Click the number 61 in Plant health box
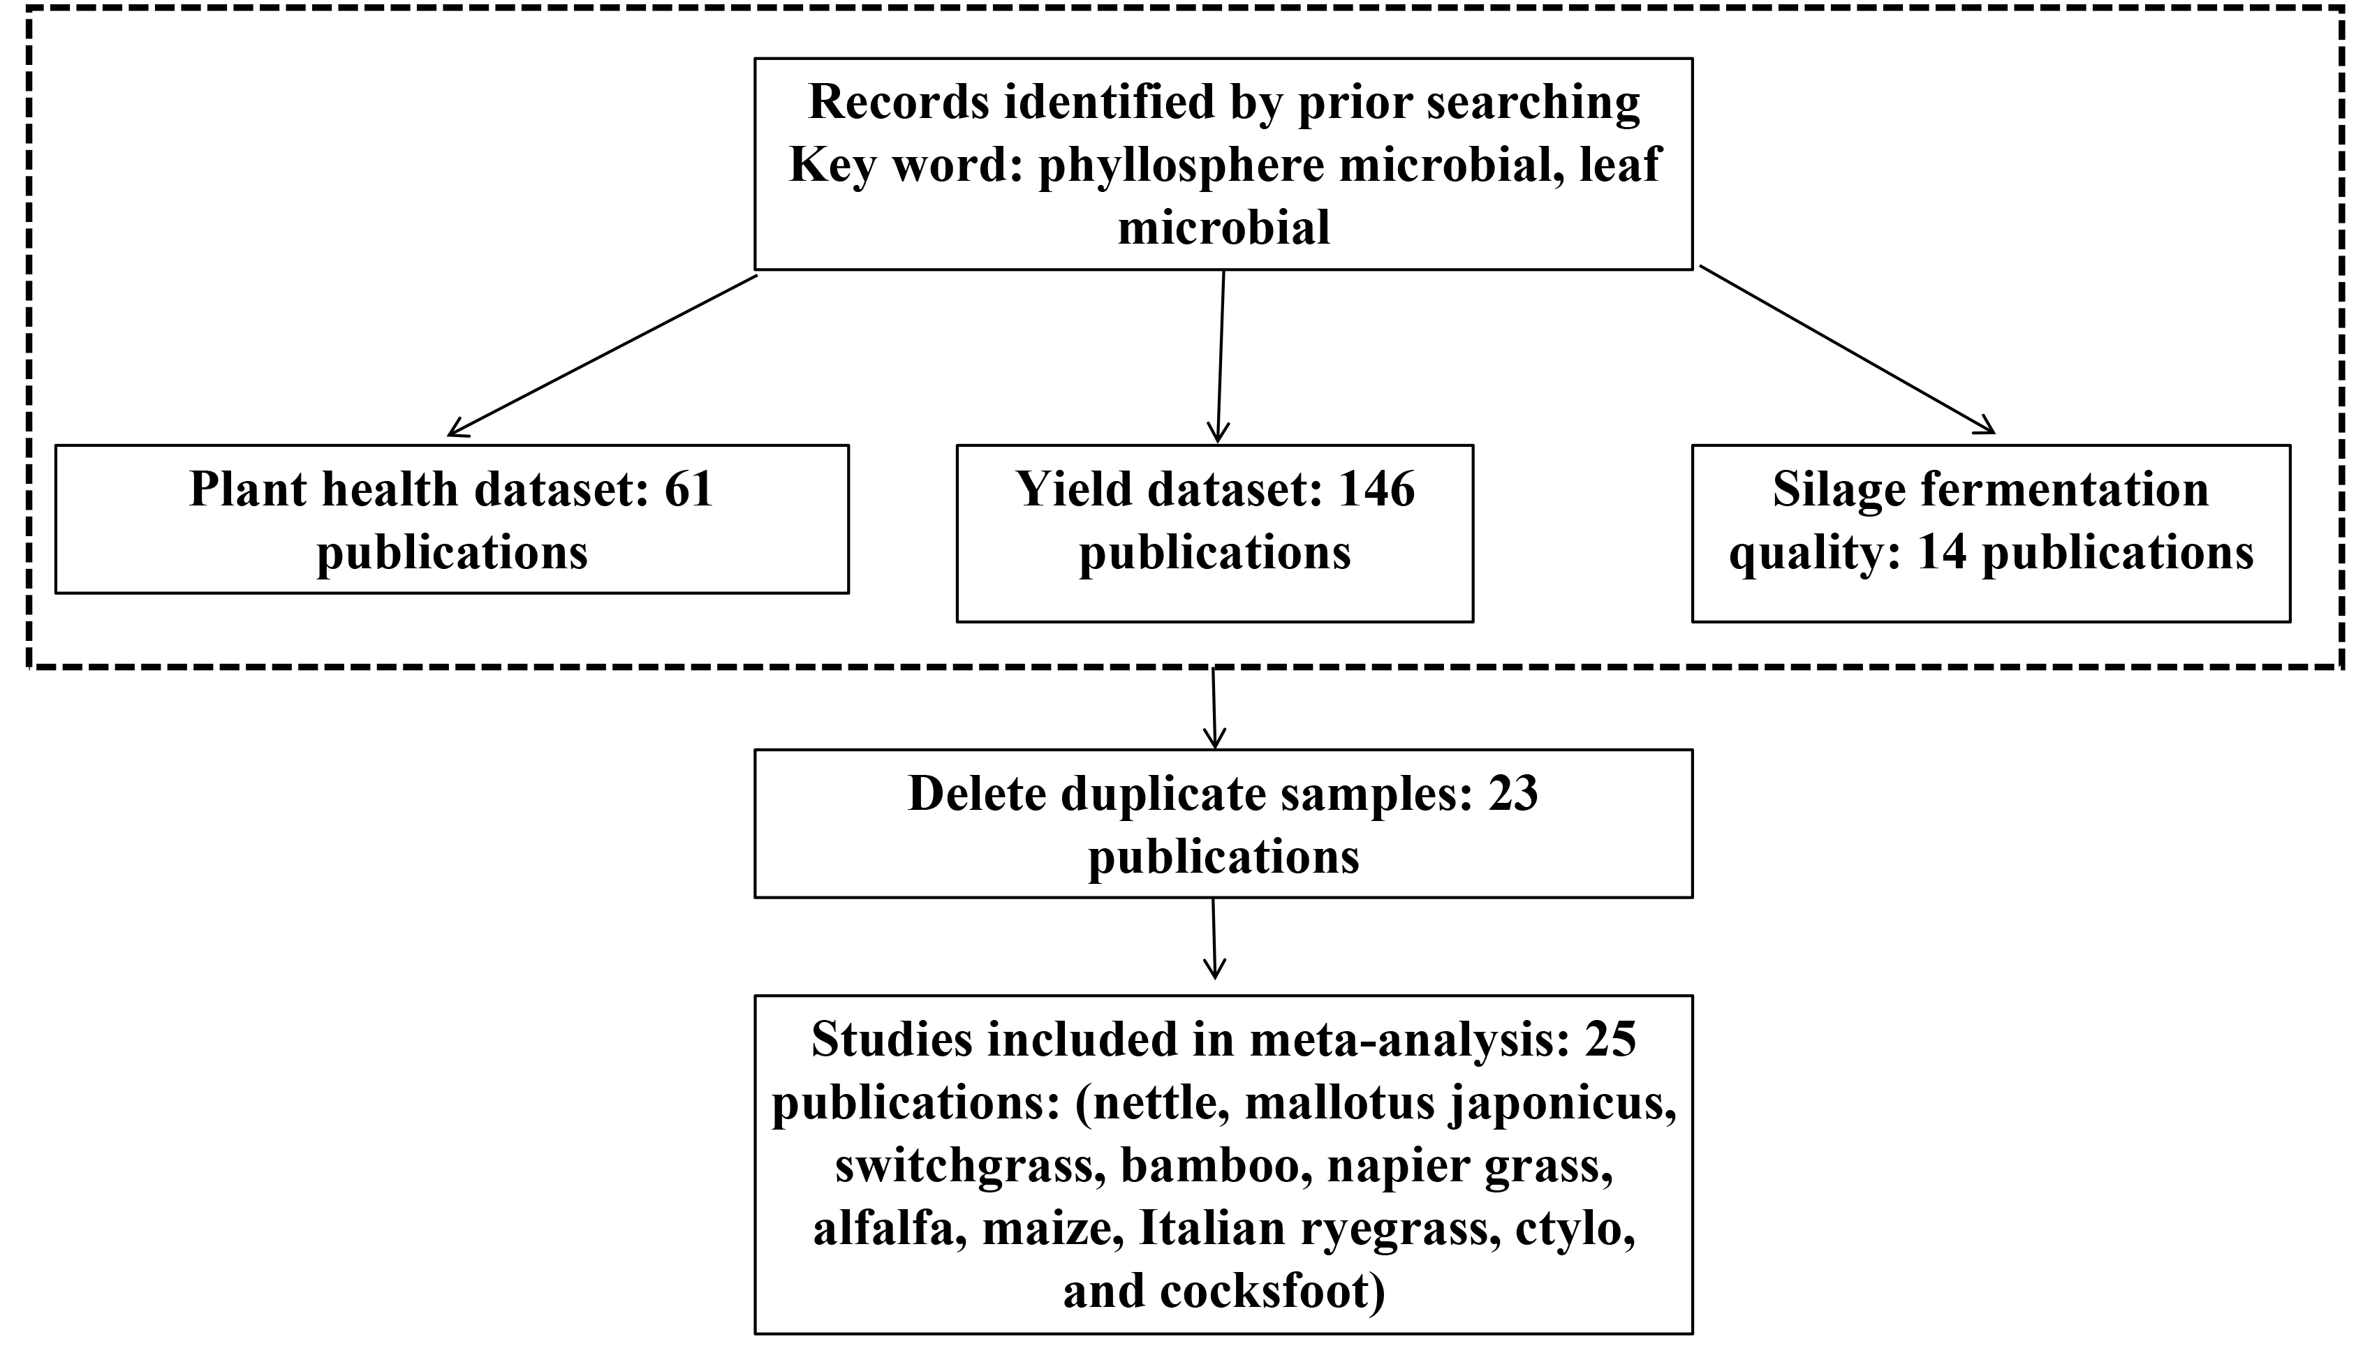tap(689, 489)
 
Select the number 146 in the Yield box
tap(1376, 489)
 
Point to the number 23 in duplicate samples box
tap(1512, 794)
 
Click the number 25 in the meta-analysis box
tap(1610, 1040)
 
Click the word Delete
tap(977, 794)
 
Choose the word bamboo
tap(1210, 1165)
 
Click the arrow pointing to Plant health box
tap(602, 355)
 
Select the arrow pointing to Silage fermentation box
tap(1847, 349)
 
